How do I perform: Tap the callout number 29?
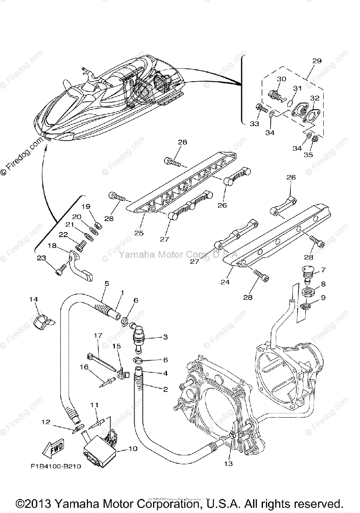tap(316, 61)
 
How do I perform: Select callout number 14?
tap(34, 299)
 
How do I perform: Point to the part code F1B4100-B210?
tap(56, 466)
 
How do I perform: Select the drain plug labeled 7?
tap(307, 272)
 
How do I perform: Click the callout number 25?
tap(139, 233)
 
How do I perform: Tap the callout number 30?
tap(293, 79)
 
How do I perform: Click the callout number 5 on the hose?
tap(106, 283)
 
